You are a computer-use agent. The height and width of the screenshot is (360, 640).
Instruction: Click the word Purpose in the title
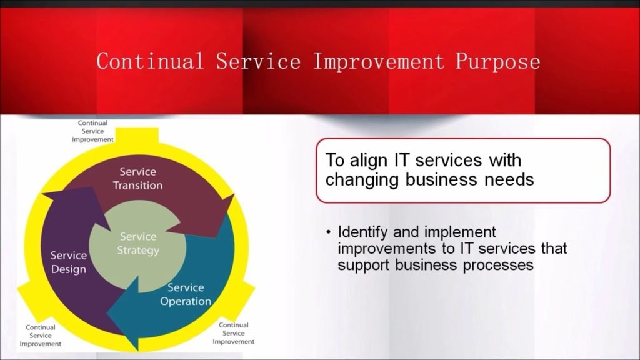[497, 62]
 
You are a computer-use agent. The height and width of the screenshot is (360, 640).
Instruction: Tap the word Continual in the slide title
[150, 61]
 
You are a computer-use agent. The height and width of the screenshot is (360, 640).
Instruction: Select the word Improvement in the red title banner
[378, 62]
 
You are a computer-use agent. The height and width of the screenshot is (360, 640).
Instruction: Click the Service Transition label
[138, 178]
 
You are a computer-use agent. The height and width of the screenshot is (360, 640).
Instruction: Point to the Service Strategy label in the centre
[138, 243]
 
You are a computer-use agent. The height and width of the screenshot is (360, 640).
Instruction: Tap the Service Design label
[69, 262]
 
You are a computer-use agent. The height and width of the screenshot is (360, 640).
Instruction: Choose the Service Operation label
[186, 294]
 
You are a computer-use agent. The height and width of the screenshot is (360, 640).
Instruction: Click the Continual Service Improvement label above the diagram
[92, 131]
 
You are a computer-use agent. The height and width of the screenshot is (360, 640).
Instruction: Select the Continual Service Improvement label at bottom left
[41, 336]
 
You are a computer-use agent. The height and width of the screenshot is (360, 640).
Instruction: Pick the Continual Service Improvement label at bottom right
[234, 334]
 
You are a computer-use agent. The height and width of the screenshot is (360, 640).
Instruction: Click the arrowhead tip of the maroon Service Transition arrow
[234, 195]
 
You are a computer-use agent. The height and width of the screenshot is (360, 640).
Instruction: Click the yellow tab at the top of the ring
[137, 136]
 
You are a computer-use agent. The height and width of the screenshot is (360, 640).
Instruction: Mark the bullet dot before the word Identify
[329, 232]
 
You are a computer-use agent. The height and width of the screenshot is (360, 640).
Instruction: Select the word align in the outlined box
[369, 161]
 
